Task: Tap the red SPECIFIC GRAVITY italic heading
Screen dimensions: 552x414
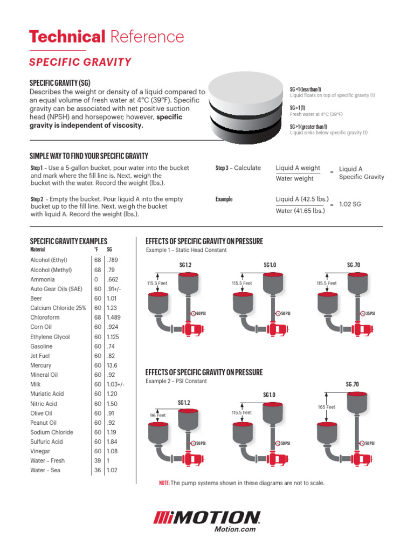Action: point(80,62)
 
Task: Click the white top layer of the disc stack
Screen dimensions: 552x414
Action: point(245,89)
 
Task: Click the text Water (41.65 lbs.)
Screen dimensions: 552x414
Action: point(300,211)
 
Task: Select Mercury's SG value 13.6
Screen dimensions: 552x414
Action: point(113,365)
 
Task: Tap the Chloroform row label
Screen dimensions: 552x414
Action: point(45,318)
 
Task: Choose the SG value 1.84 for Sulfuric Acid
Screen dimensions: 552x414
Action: point(113,441)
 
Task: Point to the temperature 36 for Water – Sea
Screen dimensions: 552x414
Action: point(98,470)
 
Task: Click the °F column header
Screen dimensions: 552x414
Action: point(96,250)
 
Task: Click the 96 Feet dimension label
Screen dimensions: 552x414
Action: point(158,416)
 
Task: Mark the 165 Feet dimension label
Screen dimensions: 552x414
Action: point(327,407)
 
